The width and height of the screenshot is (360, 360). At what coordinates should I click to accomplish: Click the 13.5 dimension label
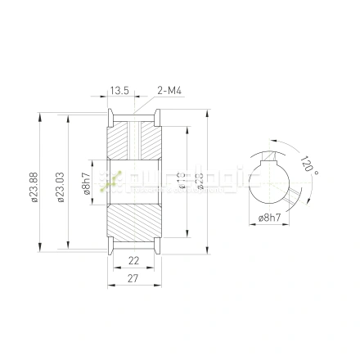[120, 91]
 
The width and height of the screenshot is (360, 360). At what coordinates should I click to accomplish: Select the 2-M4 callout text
[169, 91]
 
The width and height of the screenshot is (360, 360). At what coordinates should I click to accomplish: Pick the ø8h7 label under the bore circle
[269, 219]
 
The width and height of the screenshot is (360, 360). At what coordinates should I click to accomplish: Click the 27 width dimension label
[134, 278]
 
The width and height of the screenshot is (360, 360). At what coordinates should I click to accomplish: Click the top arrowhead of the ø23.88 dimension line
[39, 116]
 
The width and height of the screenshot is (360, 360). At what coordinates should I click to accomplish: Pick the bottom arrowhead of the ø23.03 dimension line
[67, 245]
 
